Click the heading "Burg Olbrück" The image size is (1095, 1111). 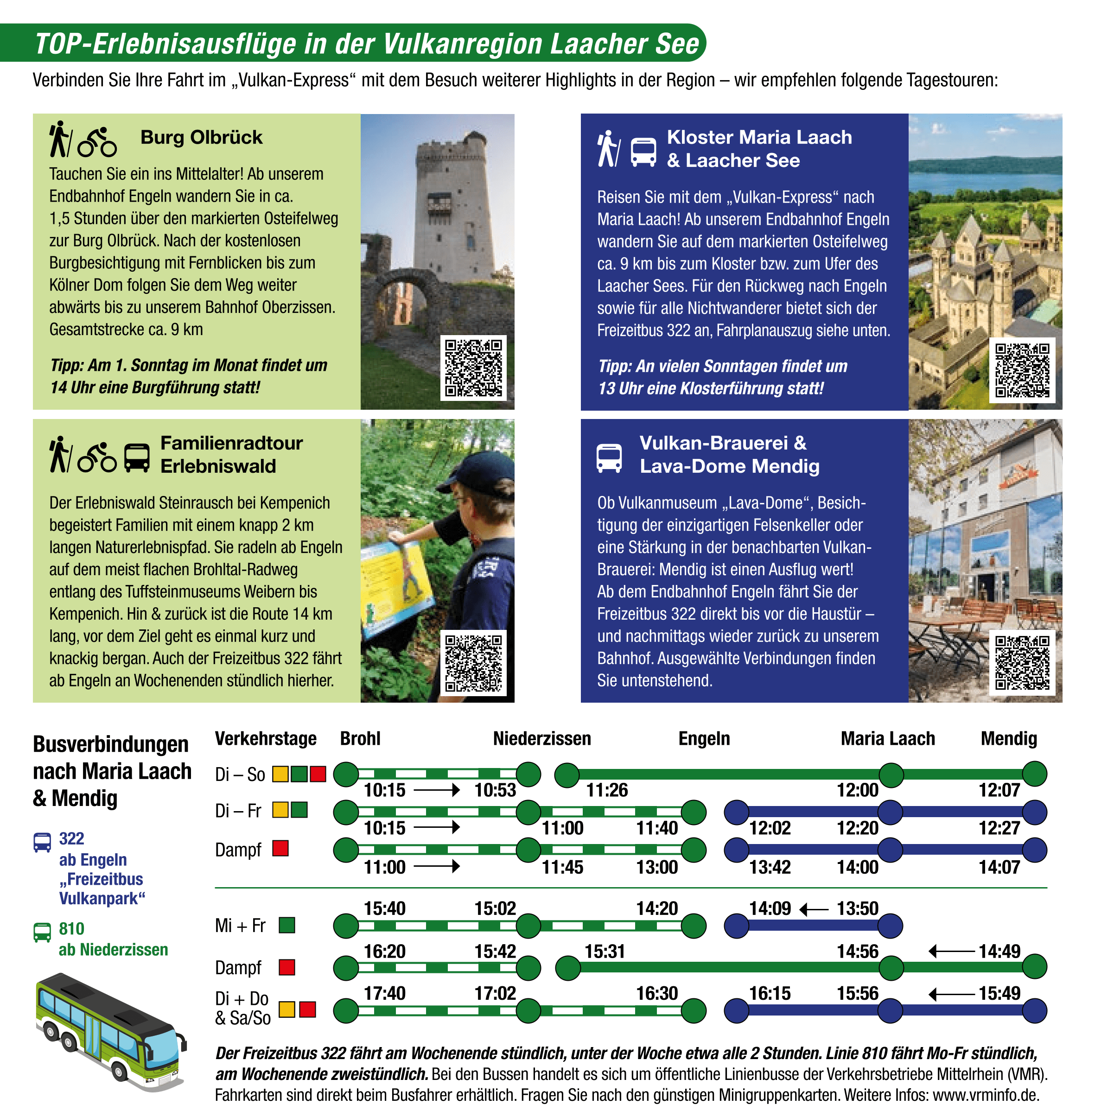coord(201,138)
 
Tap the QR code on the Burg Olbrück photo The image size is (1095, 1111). coord(473,368)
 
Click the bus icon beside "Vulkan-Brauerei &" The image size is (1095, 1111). coord(609,458)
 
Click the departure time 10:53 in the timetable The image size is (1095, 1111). coord(495,790)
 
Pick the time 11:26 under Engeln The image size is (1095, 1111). coord(607,790)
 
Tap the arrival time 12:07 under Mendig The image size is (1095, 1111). coord(1000,790)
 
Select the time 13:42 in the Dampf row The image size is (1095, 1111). coord(770,867)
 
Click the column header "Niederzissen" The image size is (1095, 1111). coord(542,738)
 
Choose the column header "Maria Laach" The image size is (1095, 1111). coord(887,738)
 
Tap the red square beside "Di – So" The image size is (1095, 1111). coord(318,774)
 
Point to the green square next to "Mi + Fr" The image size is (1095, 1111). coord(287,925)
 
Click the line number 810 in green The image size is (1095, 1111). coord(71,929)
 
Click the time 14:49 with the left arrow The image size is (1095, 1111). coord(1000,951)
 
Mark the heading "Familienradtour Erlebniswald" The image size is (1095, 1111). coord(231,454)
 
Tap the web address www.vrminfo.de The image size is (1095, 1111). coord(986,1095)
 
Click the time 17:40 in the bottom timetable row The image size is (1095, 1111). coord(384,993)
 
